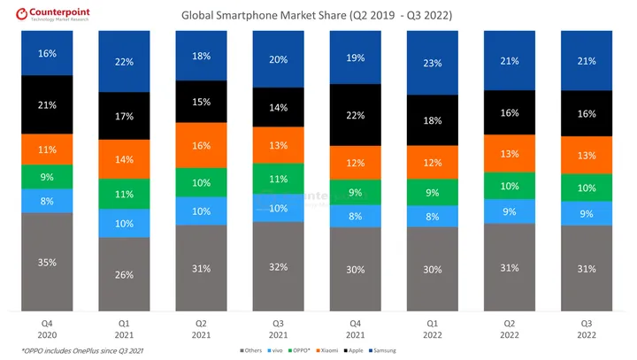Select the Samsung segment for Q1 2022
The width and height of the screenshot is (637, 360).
pos(434,63)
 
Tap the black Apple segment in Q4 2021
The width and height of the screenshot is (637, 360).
pos(357,114)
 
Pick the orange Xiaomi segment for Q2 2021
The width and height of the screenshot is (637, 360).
pos(203,145)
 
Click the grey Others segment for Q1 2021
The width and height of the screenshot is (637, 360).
pos(125,274)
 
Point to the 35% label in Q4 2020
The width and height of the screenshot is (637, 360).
pos(47,263)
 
